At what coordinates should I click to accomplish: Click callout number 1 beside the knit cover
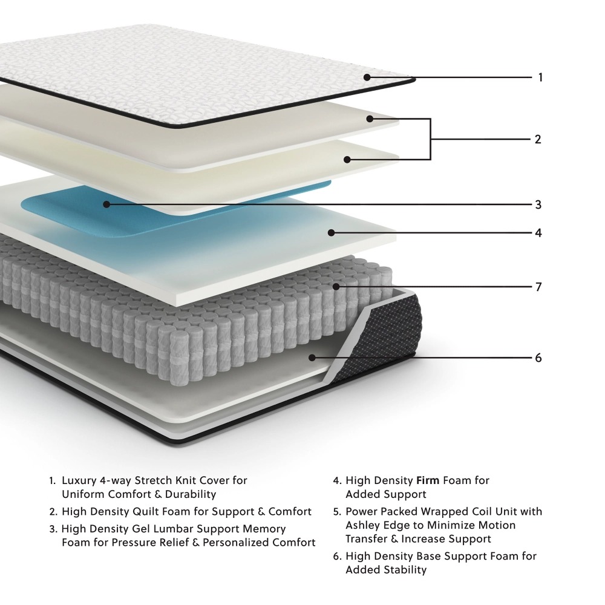(540, 77)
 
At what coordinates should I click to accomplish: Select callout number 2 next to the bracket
(537, 139)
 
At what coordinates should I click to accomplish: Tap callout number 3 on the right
(538, 204)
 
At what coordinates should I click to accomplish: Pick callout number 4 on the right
(538, 233)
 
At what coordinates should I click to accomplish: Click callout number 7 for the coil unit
(538, 286)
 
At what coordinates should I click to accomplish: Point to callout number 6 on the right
(538, 358)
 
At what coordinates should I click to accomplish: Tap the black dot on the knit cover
(367, 77)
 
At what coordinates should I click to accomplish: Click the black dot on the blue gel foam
(106, 204)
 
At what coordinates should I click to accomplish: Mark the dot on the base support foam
(312, 358)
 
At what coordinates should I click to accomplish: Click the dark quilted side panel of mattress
(387, 339)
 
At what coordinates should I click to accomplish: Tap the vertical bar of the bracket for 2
(430, 139)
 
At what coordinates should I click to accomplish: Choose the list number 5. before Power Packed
(337, 512)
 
